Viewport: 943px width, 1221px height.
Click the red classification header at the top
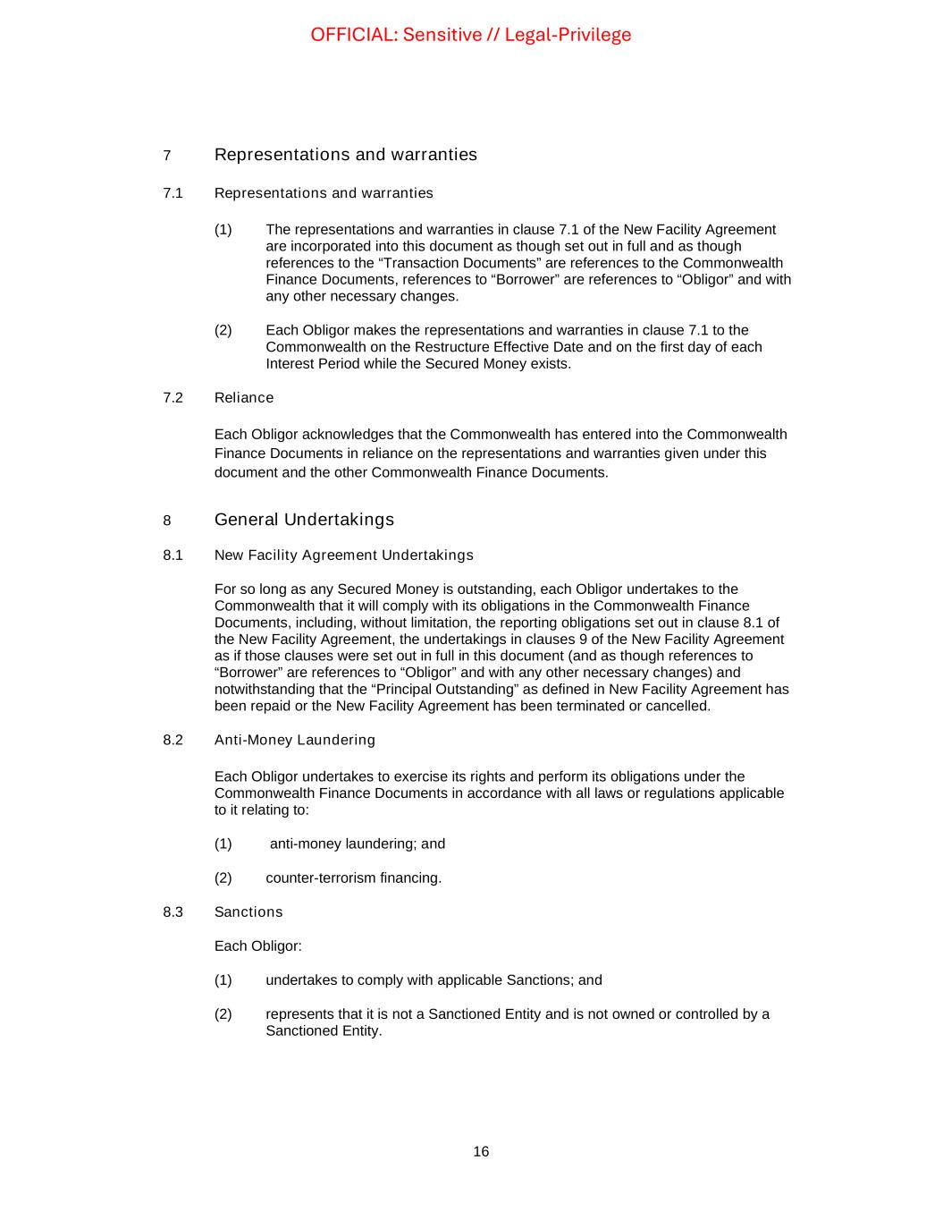pyautogui.click(x=470, y=35)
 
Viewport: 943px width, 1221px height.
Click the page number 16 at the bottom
pyautogui.click(x=481, y=1152)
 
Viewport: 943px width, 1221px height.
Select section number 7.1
pyautogui.click(x=173, y=193)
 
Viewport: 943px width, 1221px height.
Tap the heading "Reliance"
pyautogui.click(x=244, y=398)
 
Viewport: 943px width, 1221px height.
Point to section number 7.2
pyautogui.click(x=173, y=398)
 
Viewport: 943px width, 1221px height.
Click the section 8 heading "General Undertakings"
pyautogui.click(x=304, y=520)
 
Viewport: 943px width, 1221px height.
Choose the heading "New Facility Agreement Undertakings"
pyautogui.click(x=343, y=555)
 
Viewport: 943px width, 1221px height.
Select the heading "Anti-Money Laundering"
pyautogui.click(x=294, y=741)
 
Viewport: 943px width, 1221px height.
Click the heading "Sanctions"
pyautogui.click(x=248, y=912)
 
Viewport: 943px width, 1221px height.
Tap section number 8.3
pyautogui.click(x=173, y=912)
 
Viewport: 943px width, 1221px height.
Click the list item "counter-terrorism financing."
pyautogui.click(x=353, y=878)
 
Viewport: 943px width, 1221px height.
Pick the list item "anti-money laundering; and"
pyautogui.click(x=357, y=844)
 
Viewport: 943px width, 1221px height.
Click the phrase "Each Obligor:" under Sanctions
pyautogui.click(x=257, y=946)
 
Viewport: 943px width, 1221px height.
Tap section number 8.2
pyautogui.click(x=173, y=741)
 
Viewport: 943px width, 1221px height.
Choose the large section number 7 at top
pyautogui.click(x=167, y=156)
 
